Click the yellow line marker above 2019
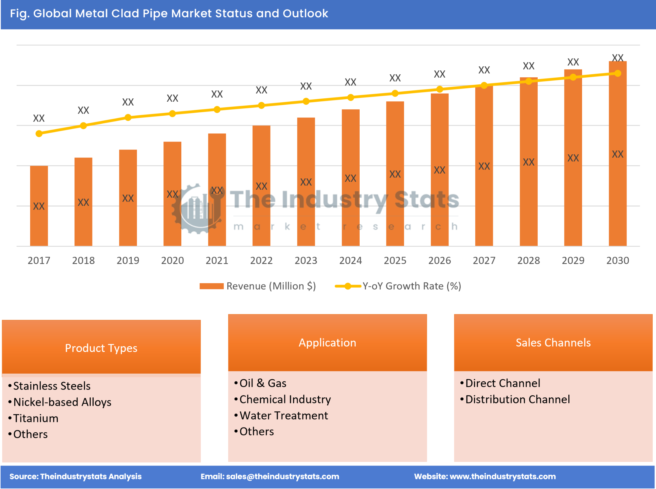tap(128, 118)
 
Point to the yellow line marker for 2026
tap(439, 89)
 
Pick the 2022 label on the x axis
tap(261, 261)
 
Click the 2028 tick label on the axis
tap(529, 261)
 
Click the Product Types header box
tap(101, 348)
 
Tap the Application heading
tap(327, 343)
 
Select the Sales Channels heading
tap(553, 343)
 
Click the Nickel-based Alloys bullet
tap(62, 402)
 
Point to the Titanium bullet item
tap(36, 418)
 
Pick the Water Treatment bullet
tap(284, 416)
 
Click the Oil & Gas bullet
tap(263, 383)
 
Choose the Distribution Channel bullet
tap(517, 399)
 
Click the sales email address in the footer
tap(282, 477)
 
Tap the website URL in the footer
tap(502, 477)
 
